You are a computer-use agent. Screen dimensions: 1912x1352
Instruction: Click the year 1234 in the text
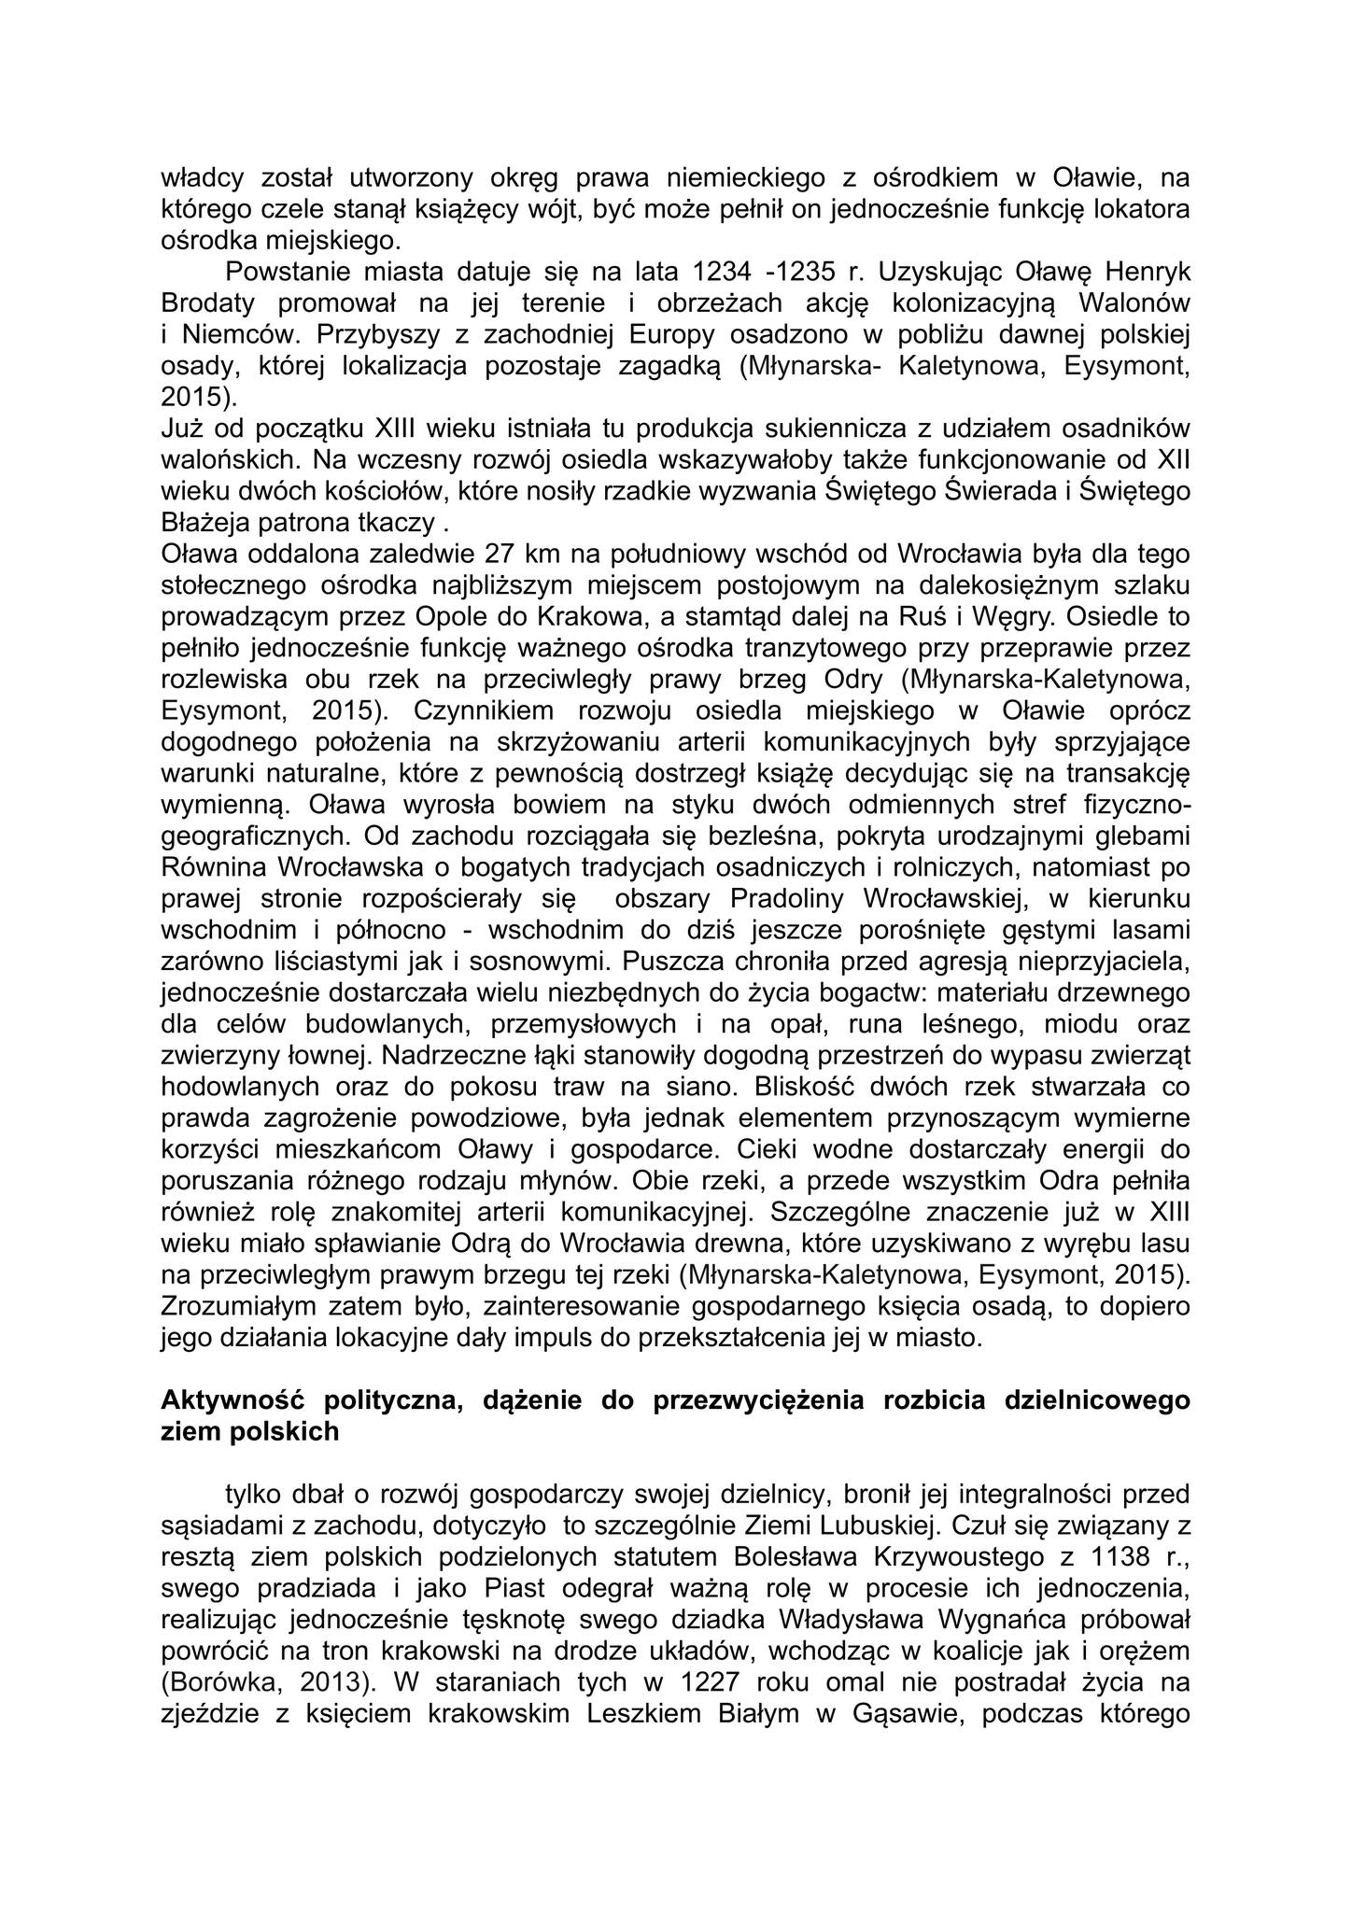[x=722, y=273]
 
